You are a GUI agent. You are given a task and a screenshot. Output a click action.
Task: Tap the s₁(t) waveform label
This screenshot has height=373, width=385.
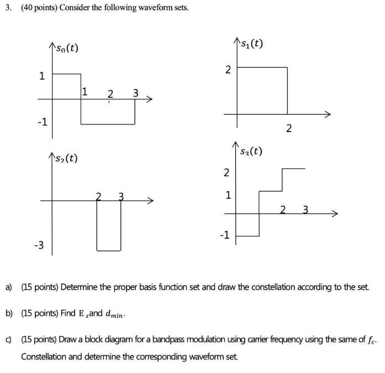click(250, 42)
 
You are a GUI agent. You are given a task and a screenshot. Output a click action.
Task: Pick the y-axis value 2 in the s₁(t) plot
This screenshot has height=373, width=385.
click(228, 69)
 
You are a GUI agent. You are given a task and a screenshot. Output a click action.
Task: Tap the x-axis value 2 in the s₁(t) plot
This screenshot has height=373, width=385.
click(288, 129)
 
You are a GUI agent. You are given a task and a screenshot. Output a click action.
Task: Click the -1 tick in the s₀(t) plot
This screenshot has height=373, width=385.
click(41, 122)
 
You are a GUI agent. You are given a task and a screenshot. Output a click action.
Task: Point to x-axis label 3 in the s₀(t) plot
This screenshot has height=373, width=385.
click(135, 92)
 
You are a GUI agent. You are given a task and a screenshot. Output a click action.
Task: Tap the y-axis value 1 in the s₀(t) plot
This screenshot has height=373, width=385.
click(42, 77)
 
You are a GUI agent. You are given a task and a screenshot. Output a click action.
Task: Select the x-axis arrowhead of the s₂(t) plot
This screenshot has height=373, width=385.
click(150, 201)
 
